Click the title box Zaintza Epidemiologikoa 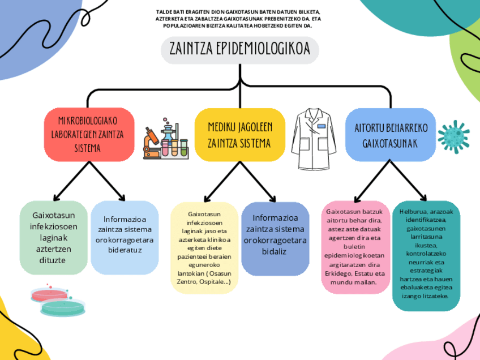[240, 50]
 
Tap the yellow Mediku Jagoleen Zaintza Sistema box [239, 134]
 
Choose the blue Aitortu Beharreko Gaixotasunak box [390, 134]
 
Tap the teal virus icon [453, 135]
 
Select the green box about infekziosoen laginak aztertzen [54, 238]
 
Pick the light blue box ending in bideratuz [125, 234]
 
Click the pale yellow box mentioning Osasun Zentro [204, 248]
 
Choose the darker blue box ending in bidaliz [275, 234]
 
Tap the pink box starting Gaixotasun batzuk [355, 246]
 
